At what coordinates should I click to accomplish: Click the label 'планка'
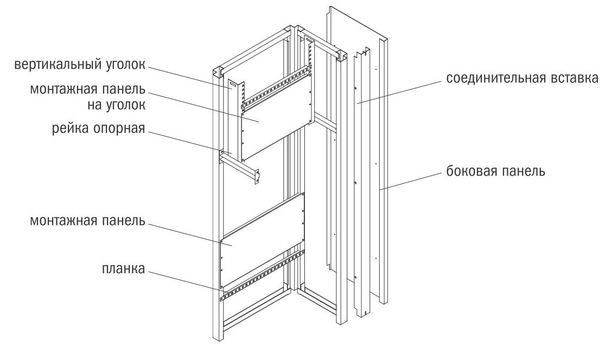click(122, 268)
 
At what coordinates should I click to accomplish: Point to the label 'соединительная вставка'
click(522, 78)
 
